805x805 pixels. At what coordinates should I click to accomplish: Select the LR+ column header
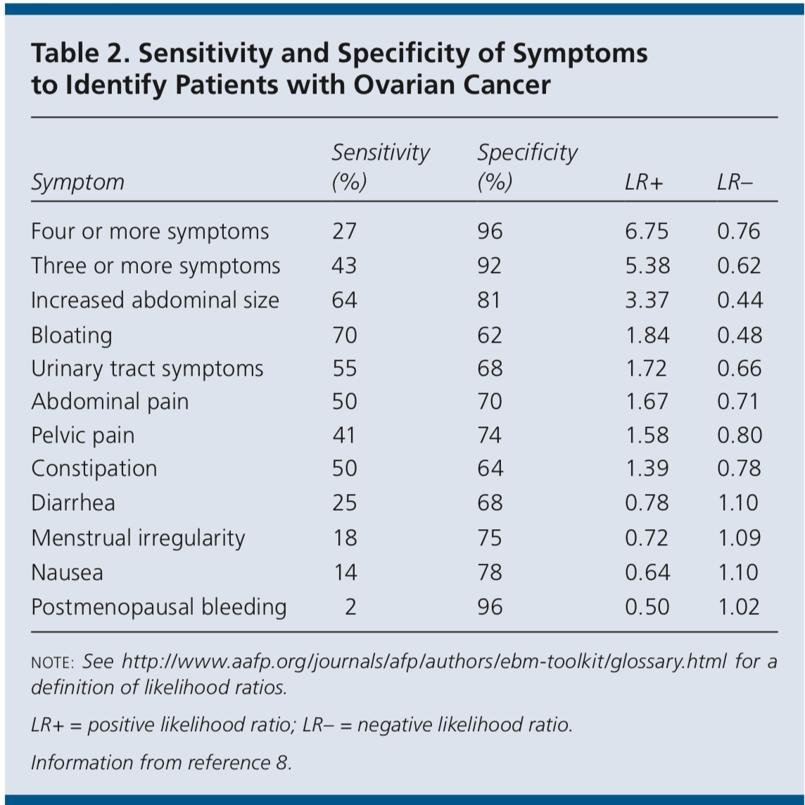pos(644,182)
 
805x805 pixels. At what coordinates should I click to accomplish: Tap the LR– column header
pos(735,182)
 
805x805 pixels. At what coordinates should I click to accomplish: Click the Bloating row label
pos(71,335)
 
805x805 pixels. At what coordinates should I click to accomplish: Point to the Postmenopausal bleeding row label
pos(158,607)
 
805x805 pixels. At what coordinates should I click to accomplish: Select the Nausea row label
pos(68,572)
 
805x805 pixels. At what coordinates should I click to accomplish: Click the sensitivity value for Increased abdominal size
pos(344,300)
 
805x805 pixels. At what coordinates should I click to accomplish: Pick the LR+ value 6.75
pos(647,232)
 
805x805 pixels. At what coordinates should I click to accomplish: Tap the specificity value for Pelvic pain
pos(489,436)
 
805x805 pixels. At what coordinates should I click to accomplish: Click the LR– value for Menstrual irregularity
pos(739,538)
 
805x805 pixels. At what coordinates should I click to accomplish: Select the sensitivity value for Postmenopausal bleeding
pos(350,607)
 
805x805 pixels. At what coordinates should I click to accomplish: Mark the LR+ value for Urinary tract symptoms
pos(646,369)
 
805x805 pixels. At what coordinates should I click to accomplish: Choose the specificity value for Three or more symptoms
pos(489,266)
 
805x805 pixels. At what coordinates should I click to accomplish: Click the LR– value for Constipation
pos(739,468)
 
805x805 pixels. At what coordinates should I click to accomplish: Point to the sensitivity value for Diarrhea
pos(344,502)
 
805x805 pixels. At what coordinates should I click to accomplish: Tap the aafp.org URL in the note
pos(424,661)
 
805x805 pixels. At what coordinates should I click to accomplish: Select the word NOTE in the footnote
pos(53,663)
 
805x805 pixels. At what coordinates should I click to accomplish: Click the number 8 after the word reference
pos(282,763)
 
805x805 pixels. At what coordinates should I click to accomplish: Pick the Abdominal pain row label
pos(110,402)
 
